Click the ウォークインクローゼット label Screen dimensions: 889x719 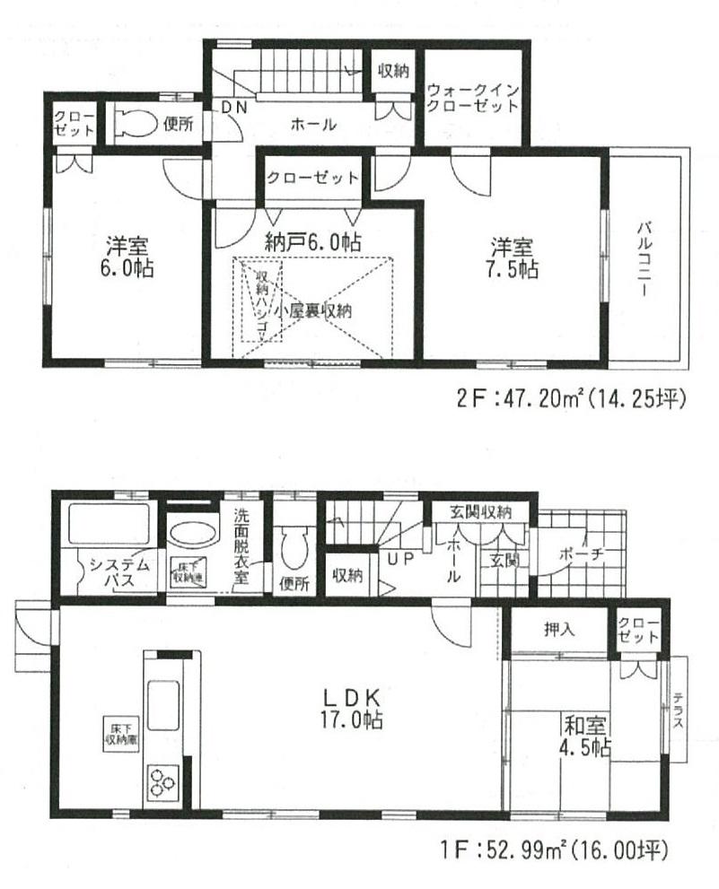click(x=473, y=98)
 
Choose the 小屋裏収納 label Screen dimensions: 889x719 click(x=313, y=311)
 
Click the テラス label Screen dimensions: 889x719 click(x=678, y=711)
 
